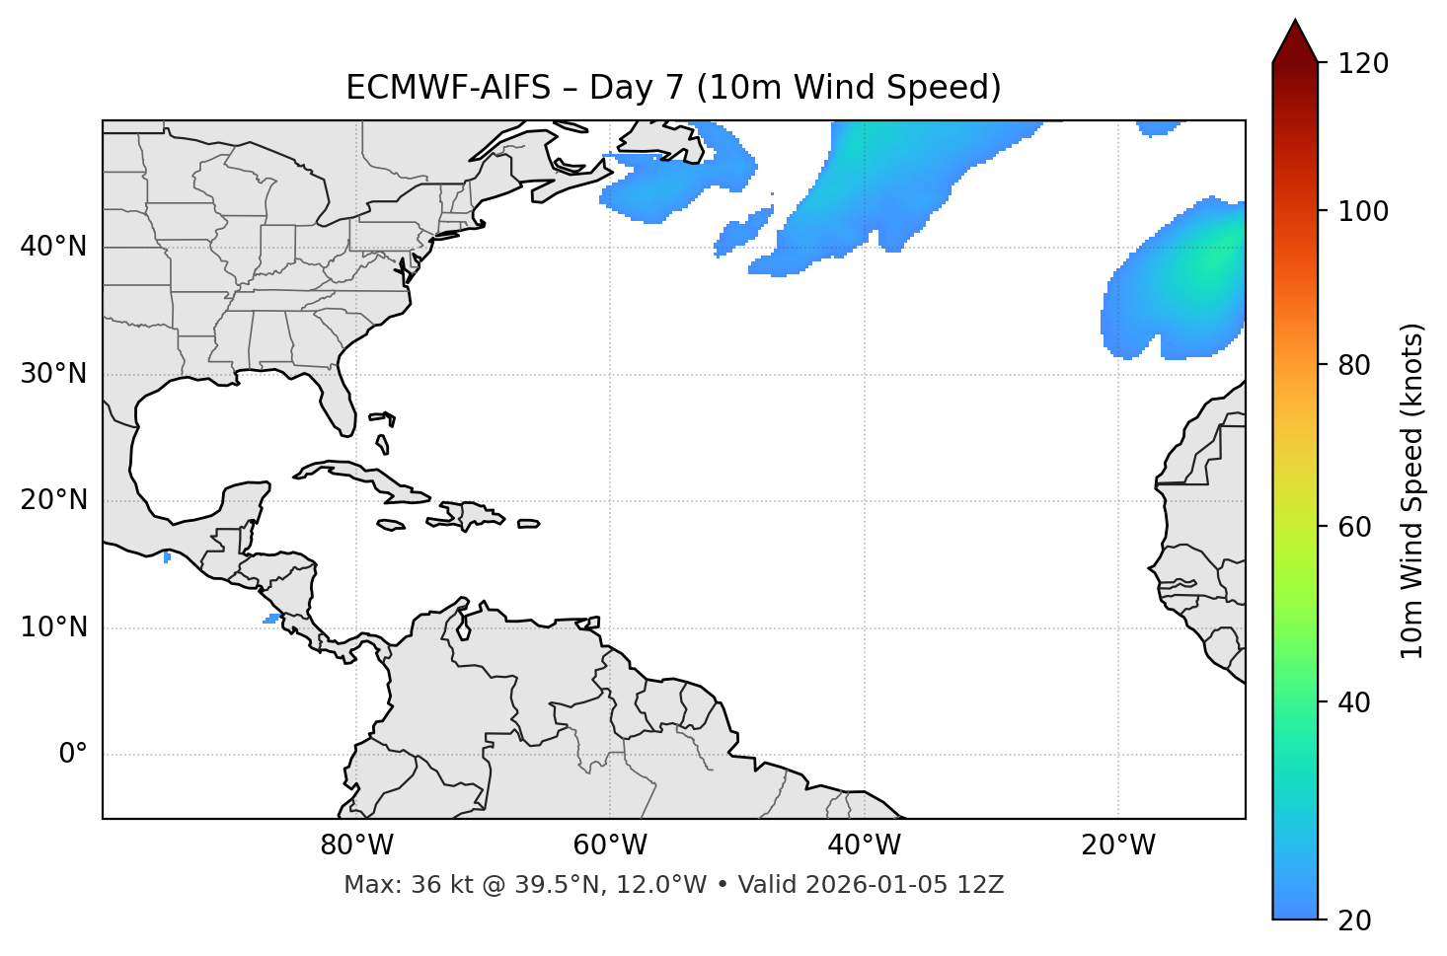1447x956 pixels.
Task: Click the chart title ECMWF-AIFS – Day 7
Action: coord(673,88)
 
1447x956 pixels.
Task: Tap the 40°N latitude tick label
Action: coord(53,247)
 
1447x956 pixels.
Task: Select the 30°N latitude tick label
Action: coord(53,374)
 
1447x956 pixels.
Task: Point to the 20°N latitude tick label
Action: coord(53,500)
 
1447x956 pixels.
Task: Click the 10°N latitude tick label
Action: coord(53,627)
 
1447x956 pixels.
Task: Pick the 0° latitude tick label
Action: coord(73,755)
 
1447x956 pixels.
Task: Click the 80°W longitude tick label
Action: coord(357,846)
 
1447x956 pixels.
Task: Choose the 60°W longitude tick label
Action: coord(610,846)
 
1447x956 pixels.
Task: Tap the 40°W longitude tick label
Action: coord(864,846)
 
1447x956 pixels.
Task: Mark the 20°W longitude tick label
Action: coord(1117,846)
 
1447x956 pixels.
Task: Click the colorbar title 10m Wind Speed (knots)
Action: coord(1412,490)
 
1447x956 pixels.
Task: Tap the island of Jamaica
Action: coord(391,525)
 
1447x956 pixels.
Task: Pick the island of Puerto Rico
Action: coord(528,524)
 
